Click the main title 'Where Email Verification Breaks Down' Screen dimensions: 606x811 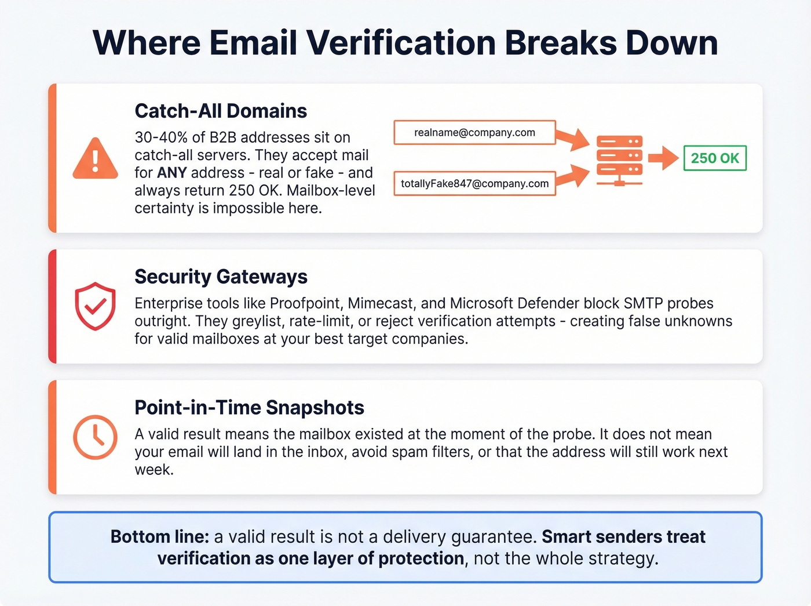point(405,42)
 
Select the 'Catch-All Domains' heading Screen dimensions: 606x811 point(221,111)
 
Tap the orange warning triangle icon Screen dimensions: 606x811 point(95,158)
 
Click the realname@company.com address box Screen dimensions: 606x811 point(474,132)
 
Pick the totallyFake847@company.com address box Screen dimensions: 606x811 point(474,183)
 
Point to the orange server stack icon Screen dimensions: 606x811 point(619,160)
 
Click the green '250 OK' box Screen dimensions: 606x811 point(715,158)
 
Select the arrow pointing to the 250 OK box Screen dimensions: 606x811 point(663,158)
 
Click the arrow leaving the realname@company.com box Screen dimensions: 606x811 point(572,139)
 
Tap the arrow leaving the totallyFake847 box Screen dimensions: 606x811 point(572,176)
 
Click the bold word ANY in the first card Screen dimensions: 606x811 point(172,173)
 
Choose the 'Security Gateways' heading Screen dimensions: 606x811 point(221,277)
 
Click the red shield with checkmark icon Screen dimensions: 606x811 point(95,306)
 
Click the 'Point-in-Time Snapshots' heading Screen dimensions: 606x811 point(249,408)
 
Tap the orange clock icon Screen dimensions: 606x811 point(95,437)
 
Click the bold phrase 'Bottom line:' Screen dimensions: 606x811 point(159,536)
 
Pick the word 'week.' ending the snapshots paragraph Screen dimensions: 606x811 point(154,470)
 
